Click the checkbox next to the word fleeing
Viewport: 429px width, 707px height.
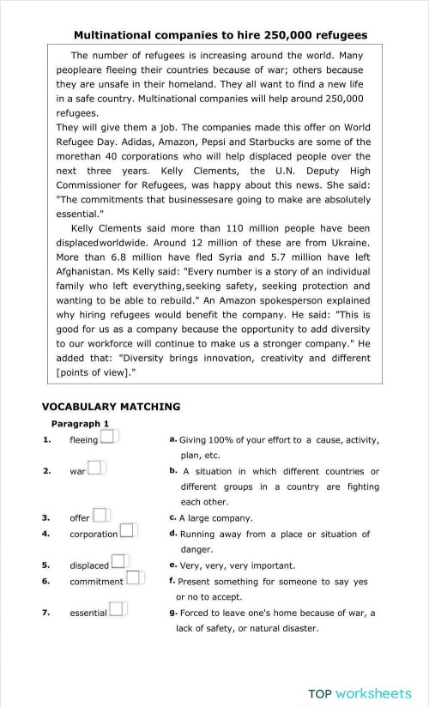(108, 438)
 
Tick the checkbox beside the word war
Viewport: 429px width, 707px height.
(95, 468)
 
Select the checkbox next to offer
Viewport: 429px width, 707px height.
(100, 516)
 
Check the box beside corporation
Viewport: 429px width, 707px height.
(128, 531)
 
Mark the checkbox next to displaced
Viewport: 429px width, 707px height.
(118, 563)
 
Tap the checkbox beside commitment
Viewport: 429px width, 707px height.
(134, 579)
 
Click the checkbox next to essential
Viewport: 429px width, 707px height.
(118, 610)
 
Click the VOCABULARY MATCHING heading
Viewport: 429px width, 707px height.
(111, 407)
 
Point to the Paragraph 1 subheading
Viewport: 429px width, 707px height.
(80, 424)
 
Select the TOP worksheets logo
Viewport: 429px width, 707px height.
(360, 692)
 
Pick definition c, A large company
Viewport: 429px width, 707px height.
(215, 518)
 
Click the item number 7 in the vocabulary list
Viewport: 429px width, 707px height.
(45, 612)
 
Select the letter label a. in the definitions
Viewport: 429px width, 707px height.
(173, 439)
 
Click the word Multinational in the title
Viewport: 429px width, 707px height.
(114, 35)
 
